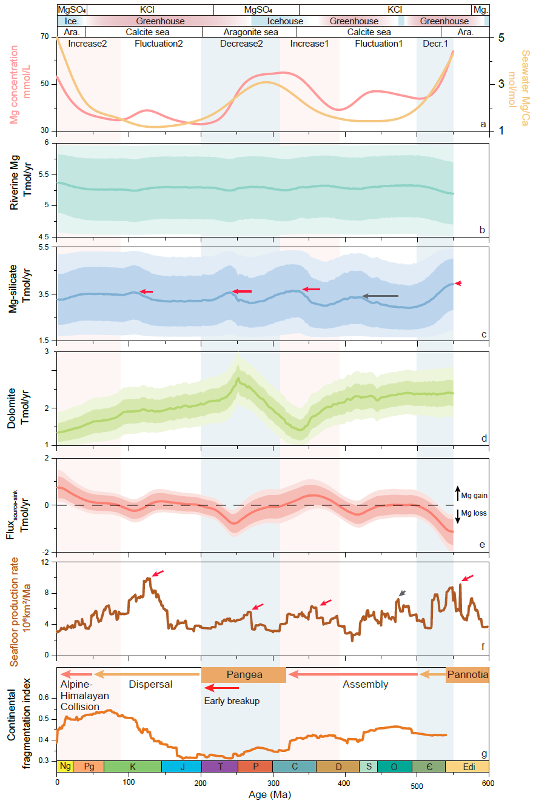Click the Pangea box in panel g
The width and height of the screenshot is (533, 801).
[243, 674]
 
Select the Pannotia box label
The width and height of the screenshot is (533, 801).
[467, 674]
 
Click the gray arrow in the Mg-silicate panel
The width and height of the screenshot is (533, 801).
[380, 296]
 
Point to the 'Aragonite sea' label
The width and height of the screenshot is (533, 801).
[250, 32]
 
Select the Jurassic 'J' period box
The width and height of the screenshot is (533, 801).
[181, 766]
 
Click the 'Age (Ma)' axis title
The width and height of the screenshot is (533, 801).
[272, 794]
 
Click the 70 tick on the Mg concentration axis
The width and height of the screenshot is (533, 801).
[45, 37]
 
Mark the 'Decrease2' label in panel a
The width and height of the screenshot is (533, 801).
[241, 44]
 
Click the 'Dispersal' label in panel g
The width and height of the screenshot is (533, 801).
[151, 685]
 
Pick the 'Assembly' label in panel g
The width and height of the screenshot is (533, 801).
[365, 685]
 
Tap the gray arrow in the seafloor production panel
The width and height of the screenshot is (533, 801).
[403, 593]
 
